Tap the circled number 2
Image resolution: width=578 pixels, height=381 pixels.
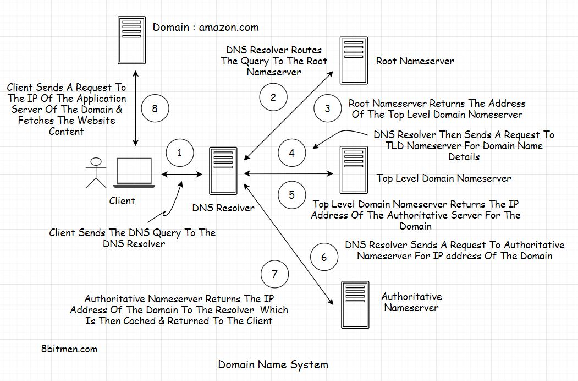(273, 97)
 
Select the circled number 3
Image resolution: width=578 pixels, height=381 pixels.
(327, 108)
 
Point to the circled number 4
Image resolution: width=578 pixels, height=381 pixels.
(291, 153)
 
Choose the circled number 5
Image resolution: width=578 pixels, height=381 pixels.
(291, 194)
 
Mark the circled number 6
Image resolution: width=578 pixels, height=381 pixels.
(324, 257)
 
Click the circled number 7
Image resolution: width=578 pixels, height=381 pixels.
(274, 274)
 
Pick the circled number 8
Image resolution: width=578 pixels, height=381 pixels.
(155, 108)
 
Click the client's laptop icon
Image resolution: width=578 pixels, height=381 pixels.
(134, 172)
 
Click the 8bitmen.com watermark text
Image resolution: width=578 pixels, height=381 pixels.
(69, 349)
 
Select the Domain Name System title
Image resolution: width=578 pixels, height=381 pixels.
(273, 364)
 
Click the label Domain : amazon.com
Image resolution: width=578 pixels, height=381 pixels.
(205, 27)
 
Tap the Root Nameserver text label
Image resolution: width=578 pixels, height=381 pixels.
(415, 61)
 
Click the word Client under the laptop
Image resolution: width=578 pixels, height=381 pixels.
(122, 201)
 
